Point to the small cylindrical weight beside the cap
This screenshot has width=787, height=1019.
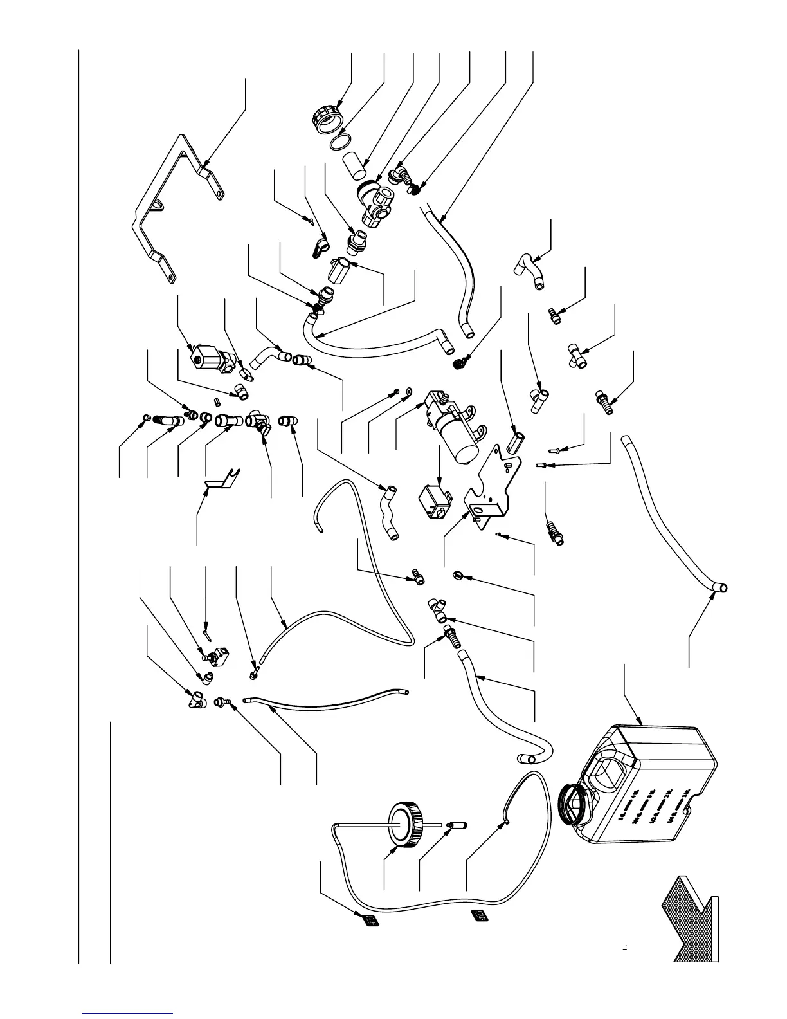(x=458, y=825)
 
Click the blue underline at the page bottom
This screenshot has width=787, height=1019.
(x=128, y=1011)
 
